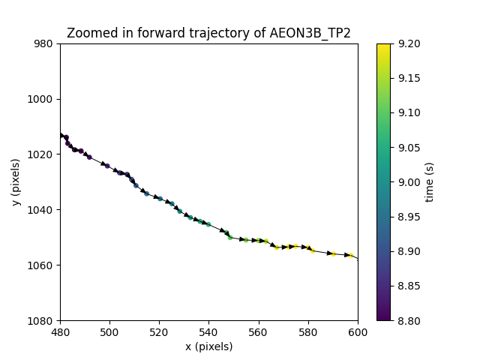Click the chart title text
point(208,33)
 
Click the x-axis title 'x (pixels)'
point(208,346)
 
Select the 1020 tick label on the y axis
point(42,154)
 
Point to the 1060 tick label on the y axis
point(42,265)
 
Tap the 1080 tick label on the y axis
point(42,320)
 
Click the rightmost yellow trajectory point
point(351,255)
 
